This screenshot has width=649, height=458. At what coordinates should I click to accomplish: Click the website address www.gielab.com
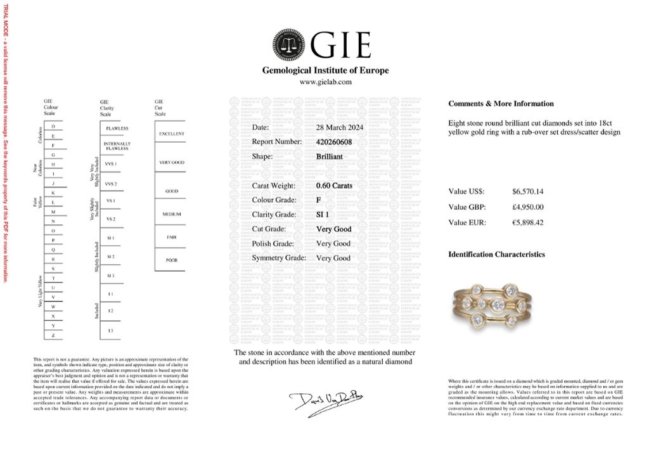tap(325, 82)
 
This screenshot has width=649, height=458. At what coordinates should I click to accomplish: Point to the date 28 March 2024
tap(340, 127)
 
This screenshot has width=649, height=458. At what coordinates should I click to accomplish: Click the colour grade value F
tap(319, 200)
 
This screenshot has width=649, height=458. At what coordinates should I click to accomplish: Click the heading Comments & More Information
tap(501, 104)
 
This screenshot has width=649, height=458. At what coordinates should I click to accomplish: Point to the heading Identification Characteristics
tap(496, 255)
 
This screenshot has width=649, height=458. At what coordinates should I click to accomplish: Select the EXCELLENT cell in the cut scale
tap(172, 134)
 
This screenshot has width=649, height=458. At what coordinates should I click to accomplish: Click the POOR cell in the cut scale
tap(172, 260)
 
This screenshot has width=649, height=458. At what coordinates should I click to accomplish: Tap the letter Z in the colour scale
tap(53, 334)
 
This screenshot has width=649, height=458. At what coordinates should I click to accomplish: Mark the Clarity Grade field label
tap(274, 215)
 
